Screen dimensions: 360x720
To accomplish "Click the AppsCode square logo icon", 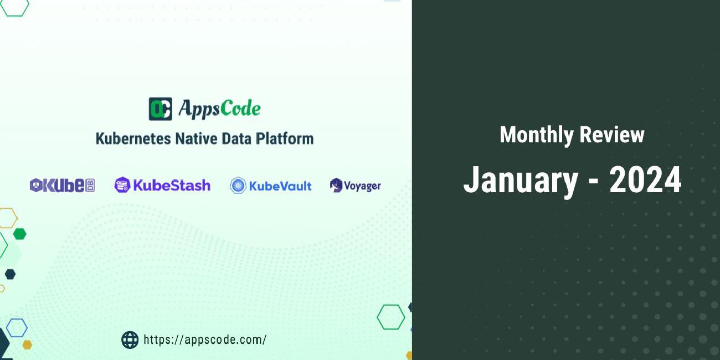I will pos(160,109).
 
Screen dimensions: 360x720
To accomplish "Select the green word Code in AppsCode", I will pos(240,109).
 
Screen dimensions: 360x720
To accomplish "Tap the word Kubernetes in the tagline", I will pos(133,138).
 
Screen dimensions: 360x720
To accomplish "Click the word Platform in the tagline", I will pos(284,138).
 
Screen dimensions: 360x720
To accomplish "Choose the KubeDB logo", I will pos(62,186).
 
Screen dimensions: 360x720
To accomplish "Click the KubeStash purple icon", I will pos(122,185).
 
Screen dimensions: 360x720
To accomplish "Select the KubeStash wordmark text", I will pos(172,185).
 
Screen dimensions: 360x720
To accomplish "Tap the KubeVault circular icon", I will pos(238,186).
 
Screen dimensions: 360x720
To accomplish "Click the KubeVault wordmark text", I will pos(280,186).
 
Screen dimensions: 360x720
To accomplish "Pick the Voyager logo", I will pos(355,186).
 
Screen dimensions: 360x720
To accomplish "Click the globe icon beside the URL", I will pos(130,340).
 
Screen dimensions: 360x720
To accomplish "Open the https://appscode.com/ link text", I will pos(205,340).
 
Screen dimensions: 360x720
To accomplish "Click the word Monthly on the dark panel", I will pos(536,135).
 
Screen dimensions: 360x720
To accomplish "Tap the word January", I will pos(520,181).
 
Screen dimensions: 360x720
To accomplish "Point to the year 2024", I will pos(645,181).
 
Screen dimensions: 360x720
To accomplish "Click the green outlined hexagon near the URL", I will pos(391,317).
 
